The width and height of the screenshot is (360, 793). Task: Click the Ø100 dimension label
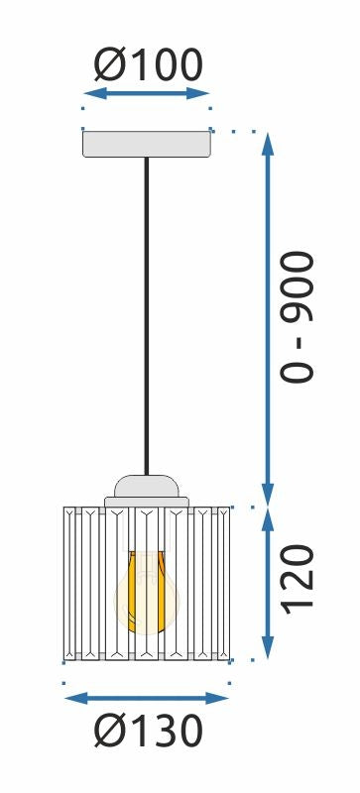coord(148,65)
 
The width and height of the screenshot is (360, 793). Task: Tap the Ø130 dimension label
coord(149,732)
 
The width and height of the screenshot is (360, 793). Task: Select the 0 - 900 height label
coord(297,317)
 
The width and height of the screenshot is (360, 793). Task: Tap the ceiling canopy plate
coord(147,144)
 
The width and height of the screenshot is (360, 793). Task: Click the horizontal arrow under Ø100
coord(147,94)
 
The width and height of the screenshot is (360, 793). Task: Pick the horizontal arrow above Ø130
coord(147,698)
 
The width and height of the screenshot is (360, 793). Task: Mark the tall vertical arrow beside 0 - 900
coord(267,317)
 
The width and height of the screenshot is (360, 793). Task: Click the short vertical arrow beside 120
coord(267,583)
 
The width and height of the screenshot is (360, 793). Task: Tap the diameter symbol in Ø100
coord(109,65)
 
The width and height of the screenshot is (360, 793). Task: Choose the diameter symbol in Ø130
coord(109,732)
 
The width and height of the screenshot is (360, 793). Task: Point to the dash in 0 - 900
coord(297,343)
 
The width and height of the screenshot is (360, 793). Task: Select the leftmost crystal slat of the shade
coord(69,583)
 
